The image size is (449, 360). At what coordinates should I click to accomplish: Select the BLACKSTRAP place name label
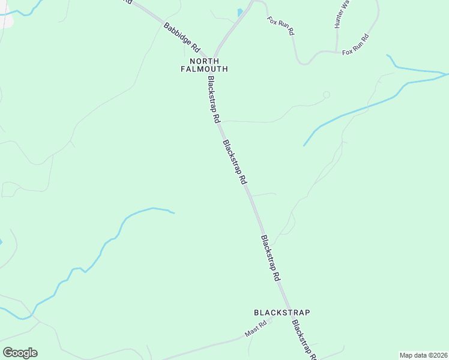282,313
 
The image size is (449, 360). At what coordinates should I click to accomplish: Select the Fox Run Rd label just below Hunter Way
355,45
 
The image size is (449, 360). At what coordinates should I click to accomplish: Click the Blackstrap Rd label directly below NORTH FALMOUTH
211,100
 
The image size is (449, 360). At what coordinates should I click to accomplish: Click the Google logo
20,352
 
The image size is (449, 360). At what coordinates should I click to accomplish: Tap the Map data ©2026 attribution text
423,355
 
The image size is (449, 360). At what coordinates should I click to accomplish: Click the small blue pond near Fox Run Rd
240,12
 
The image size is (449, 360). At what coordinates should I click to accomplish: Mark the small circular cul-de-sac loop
327,95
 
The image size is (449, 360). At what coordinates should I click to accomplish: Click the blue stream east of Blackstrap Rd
354,112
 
